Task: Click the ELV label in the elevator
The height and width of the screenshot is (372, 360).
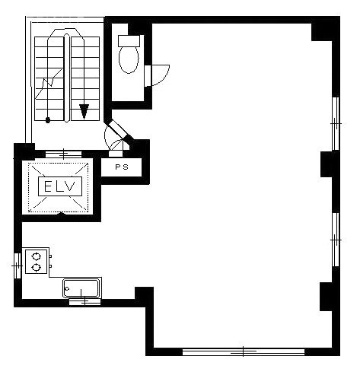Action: click(x=59, y=186)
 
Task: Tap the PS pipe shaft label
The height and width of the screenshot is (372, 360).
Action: click(x=122, y=167)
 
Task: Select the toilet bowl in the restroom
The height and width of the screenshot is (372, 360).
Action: click(x=129, y=60)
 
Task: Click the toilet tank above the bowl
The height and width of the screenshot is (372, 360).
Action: click(x=129, y=41)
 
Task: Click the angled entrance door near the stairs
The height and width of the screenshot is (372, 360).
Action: click(x=119, y=130)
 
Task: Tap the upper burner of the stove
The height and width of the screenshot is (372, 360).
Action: click(x=37, y=256)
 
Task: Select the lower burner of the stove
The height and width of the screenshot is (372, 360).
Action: click(x=37, y=267)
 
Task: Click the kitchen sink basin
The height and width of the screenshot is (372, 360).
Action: click(x=81, y=288)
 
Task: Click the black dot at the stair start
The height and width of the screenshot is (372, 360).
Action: click(x=47, y=120)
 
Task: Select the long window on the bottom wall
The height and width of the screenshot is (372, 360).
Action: click(x=244, y=351)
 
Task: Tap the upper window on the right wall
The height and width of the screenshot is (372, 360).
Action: click(x=336, y=123)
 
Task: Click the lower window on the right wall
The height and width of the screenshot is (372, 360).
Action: click(x=336, y=240)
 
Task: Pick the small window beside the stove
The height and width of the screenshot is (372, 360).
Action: click(x=18, y=265)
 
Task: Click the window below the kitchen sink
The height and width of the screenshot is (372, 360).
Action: click(x=84, y=302)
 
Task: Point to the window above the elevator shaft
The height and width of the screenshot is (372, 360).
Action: click(x=63, y=154)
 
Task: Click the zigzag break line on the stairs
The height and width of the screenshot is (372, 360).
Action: click(x=49, y=83)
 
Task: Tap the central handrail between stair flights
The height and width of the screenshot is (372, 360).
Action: click(x=67, y=78)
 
